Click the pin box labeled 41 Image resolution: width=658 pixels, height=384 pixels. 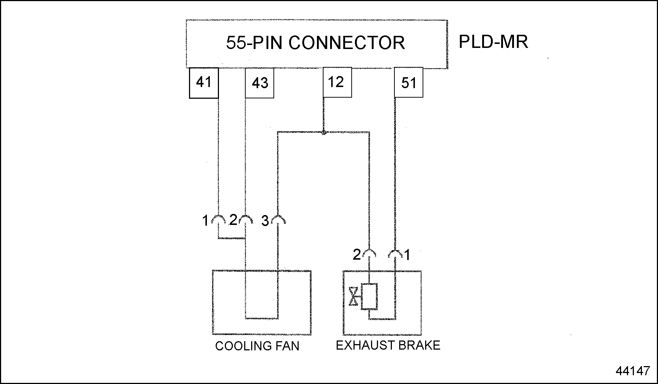pos(204,83)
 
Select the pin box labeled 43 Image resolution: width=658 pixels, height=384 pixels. pos(260,83)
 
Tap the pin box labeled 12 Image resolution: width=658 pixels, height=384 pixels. pos(337,82)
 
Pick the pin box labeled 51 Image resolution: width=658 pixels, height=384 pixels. pos(409,83)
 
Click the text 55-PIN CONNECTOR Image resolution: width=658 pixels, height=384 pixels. pos(315,43)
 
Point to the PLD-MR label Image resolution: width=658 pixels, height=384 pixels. pos(493,42)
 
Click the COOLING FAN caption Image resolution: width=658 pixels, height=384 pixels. pos(257,346)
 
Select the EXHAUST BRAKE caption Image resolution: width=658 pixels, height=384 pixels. pos(388,345)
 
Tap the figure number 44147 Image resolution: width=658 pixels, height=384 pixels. pos(633,371)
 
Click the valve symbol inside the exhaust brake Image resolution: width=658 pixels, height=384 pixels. pos(353,296)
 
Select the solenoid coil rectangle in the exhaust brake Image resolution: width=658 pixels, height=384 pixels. pos(369,296)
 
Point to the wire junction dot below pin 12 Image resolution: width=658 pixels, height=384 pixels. pos(324,132)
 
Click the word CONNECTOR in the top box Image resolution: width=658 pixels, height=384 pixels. pos(347,43)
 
